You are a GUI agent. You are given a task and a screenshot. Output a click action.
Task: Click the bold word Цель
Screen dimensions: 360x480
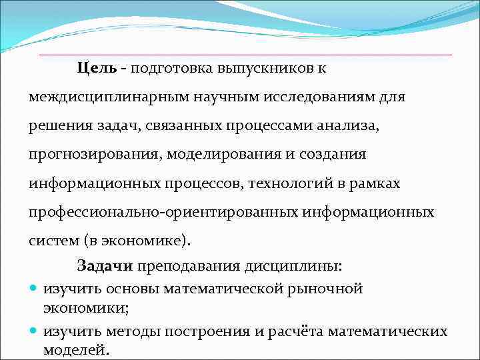[x=97, y=68]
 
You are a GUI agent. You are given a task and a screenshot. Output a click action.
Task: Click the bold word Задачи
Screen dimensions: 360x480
[x=105, y=266]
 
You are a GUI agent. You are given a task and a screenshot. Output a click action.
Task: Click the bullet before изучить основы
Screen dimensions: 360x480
[x=34, y=289]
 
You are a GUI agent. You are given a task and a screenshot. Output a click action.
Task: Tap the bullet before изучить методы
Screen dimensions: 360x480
[x=34, y=331]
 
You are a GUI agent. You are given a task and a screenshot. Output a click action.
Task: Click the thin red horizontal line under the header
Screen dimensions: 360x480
[x=245, y=54]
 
